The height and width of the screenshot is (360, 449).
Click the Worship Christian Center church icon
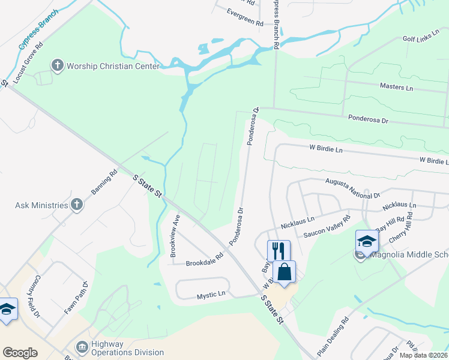click(x=58, y=65)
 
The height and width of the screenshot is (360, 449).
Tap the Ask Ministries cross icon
click(x=76, y=205)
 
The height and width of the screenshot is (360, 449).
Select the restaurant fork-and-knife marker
click(x=278, y=250)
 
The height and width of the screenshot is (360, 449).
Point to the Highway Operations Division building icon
click(x=82, y=347)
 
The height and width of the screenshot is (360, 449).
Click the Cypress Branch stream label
click(x=38, y=29)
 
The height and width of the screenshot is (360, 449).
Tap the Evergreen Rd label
click(x=245, y=17)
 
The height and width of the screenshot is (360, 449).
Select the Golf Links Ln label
click(x=417, y=39)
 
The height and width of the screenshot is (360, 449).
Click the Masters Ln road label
click(x=396, y=88)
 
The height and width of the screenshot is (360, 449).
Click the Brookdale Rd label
click(x=204, y=263)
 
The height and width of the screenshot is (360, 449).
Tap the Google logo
click(x=20, y=353)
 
